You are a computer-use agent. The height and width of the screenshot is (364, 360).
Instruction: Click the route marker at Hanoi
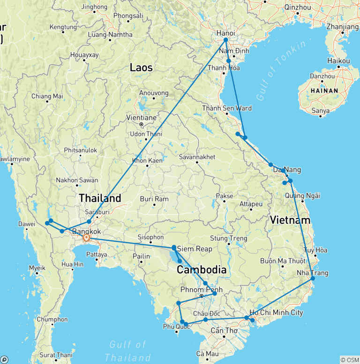(x=225, y=40)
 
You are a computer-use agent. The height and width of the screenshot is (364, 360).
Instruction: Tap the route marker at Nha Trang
(x=313, y=279)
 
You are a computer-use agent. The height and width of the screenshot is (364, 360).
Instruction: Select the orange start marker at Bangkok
(x=87, y=238)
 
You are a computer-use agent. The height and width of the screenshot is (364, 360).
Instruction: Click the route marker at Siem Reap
(x=174, y=248)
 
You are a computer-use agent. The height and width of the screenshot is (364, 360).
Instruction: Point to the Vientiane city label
(x=141, y=118)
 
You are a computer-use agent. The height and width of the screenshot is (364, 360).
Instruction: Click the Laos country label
(x=141, y=68)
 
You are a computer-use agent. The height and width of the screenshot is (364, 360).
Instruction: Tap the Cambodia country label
(x=202, y=270)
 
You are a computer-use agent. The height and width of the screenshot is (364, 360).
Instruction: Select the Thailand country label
(x=100, y=197)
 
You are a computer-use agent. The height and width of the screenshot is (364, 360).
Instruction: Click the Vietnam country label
(x=290, y=220)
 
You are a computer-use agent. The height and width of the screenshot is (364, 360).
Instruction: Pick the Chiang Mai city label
(x=47, y=96)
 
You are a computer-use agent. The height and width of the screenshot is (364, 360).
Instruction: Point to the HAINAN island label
(x=322, y=91)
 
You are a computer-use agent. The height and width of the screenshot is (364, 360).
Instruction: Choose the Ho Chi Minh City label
(x=276, y=313)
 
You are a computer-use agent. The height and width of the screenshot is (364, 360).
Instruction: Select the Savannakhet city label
(x=196, y=157)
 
